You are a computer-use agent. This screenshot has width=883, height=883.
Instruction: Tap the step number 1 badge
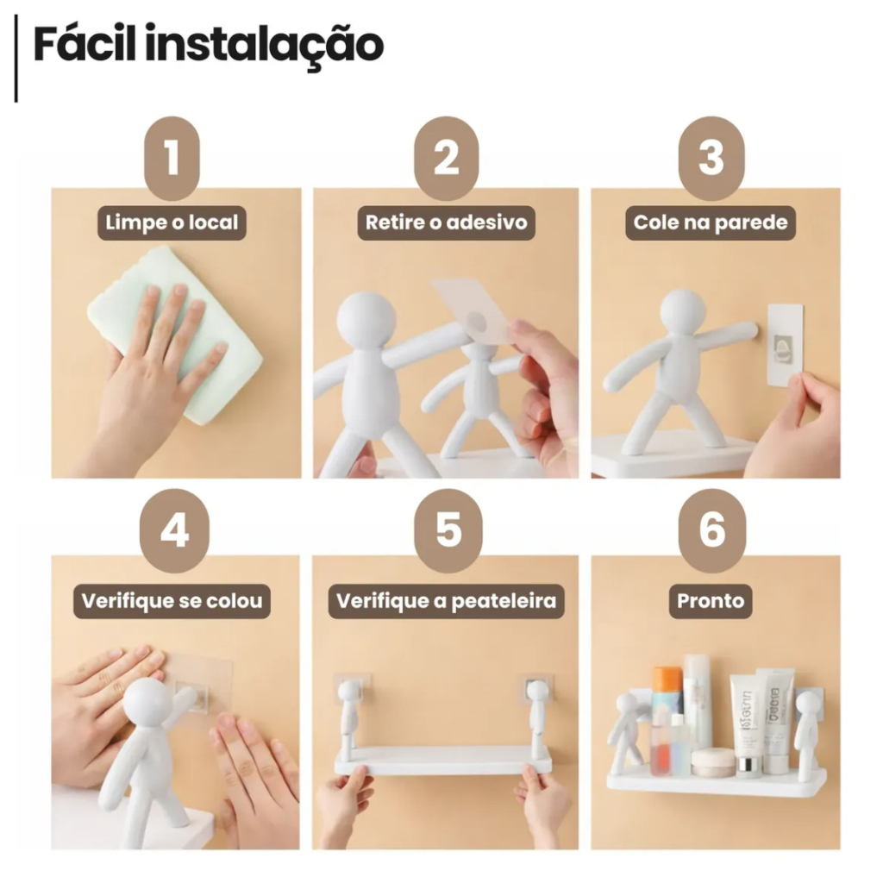[172, 159]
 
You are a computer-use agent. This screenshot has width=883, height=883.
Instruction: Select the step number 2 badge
[447, 159]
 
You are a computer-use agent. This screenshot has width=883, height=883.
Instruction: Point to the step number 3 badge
[711, 159]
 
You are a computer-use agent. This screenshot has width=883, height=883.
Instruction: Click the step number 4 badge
[174, 530]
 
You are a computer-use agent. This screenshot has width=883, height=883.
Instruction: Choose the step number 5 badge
[448, 530]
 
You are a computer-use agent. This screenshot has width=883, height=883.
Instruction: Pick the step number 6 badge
[711, 530]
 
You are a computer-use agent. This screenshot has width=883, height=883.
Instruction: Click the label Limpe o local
[172, 223]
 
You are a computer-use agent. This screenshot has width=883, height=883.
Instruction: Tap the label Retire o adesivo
[446, 223]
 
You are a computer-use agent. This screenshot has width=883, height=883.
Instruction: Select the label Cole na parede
[711, 223]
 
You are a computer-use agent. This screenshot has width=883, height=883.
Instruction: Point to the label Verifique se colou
[172, 601]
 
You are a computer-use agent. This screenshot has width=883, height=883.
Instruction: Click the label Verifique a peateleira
[446, 601]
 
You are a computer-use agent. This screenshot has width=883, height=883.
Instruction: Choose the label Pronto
[711, 601]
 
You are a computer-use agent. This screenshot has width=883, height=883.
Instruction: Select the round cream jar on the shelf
[713, 762]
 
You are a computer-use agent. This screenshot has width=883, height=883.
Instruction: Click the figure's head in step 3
[683, 311]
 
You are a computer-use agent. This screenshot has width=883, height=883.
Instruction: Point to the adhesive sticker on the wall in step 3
[786, 345]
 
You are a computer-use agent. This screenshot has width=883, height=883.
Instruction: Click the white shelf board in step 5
[443, 760]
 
